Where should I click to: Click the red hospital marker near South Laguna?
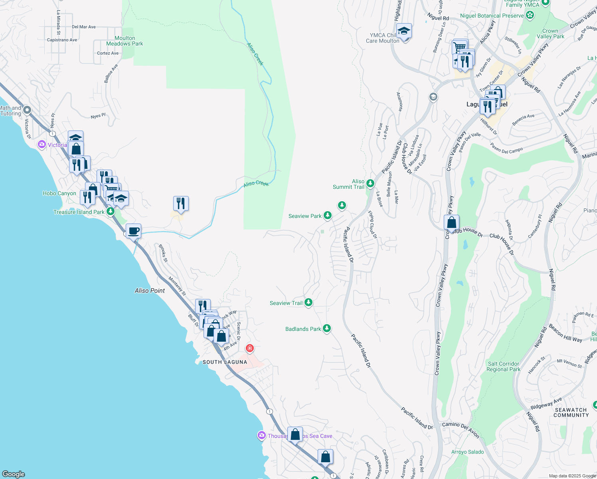tap(250, 348)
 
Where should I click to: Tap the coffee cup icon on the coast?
tap(133, 231)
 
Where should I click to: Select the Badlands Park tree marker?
tap(327, 329)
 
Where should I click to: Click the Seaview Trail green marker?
tap(308, 303)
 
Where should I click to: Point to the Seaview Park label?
tap(305, 216)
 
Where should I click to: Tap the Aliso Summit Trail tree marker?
tap(370, 183)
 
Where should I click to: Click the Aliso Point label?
tap(150, 291)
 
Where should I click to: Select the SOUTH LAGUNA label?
tap(225, 362)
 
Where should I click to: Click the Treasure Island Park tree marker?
tap(111, 211)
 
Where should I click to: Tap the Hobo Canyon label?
tap(59, 193)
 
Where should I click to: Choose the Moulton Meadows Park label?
tap(125, 41)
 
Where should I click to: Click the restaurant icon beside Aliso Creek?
tap(181, 204)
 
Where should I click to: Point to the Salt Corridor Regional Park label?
tap(503, 366)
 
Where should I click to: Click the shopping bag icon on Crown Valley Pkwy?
tap(451, 222)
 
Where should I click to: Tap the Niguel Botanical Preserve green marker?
tap(530, 16)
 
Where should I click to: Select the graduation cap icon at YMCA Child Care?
tap(404, 31)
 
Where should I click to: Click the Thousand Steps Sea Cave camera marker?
tap(261, 435)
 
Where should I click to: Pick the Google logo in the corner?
tap(14, 474)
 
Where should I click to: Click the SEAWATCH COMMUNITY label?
tap(571, 412)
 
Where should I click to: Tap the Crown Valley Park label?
tap(550, 34)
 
